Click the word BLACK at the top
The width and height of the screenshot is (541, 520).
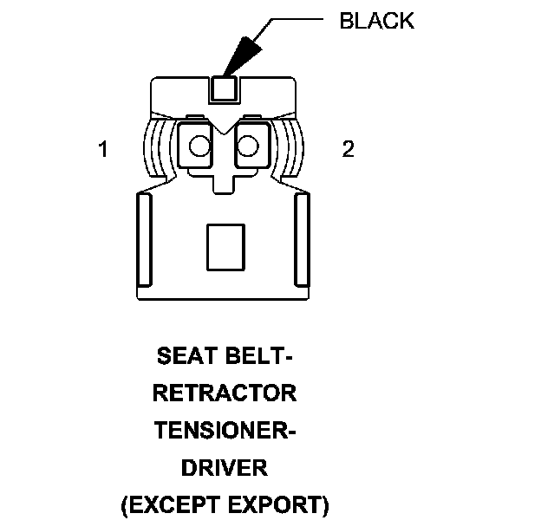(376, 22)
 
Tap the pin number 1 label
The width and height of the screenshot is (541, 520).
(103, 150)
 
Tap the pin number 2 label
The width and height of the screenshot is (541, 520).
(348, 150)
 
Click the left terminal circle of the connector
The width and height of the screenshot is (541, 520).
(199, 146)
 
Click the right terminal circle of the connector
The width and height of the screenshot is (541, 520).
(251, 146)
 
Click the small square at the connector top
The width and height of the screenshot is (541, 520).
(225, 88)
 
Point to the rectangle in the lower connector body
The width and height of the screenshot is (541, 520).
(225, 247)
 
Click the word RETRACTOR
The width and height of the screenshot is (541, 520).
(225, 393)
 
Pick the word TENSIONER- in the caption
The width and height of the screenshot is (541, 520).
(225, 431)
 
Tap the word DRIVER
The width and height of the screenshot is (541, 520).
(225, 468)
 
